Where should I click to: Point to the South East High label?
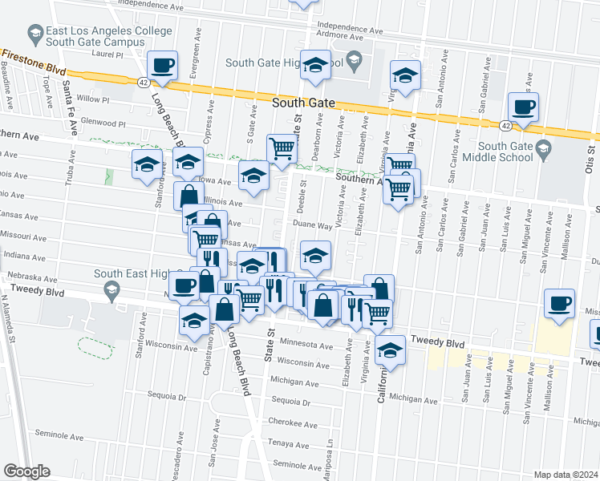click(x=132, y=273)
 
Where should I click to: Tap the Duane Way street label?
click(x=312, y=226)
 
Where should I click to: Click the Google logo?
click(x=26, y=471)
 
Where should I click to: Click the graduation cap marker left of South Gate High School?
click(x=316, y=66)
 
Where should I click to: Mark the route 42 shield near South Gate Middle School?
click(x=505, y=125)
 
